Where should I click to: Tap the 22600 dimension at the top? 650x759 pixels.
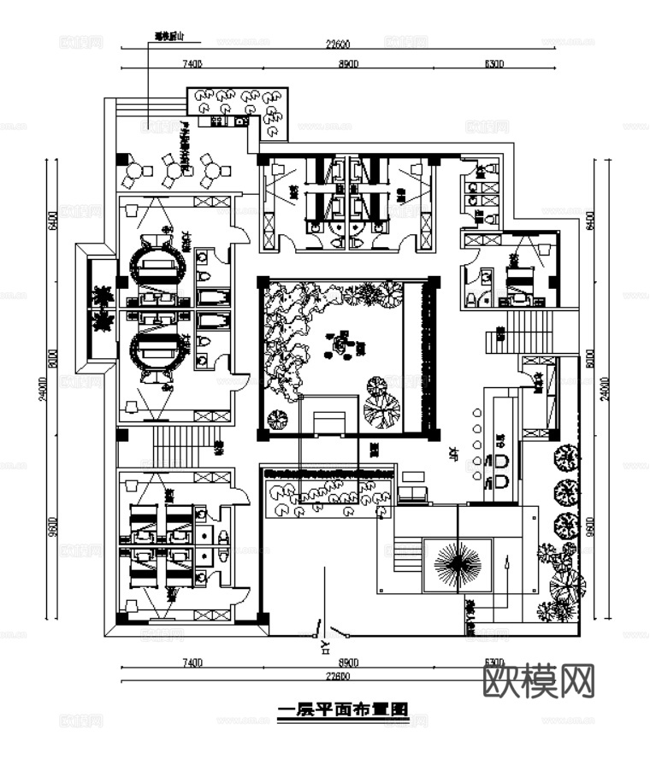tap(340, 44)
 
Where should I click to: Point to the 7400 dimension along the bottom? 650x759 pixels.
tap(191, 662)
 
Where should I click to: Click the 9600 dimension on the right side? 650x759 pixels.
tap(590, 531)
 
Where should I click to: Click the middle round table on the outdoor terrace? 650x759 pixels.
tap(174, 171)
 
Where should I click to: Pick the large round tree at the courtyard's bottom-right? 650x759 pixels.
tap(381, 410)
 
